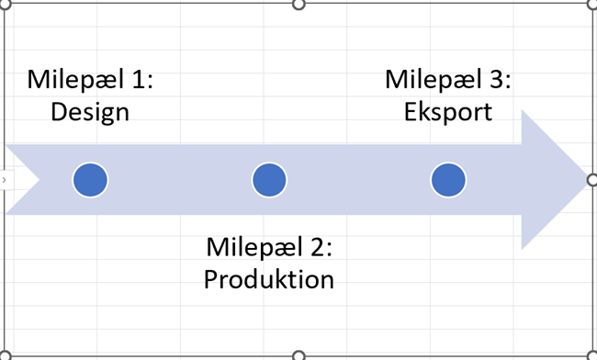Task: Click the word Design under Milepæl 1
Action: click(x=90, y=112)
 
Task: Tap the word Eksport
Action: click(x=447, y=112)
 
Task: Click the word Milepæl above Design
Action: click(x=77, y=80)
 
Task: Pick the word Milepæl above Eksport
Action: click(x=435, y=80)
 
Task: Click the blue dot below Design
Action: click(x=90, y=180)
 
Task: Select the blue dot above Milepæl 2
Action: click(x=269, y=180)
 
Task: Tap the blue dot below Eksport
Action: click(x=448, y=180)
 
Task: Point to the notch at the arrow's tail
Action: click(x=38, y=180)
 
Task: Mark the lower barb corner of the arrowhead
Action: click(x=523, y=248)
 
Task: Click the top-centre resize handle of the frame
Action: click(x=298, y=4)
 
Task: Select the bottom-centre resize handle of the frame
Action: click(x=298, y=355)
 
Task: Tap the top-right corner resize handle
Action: click(x=591, y=4)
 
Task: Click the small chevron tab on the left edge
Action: click(x=5, y=180)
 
